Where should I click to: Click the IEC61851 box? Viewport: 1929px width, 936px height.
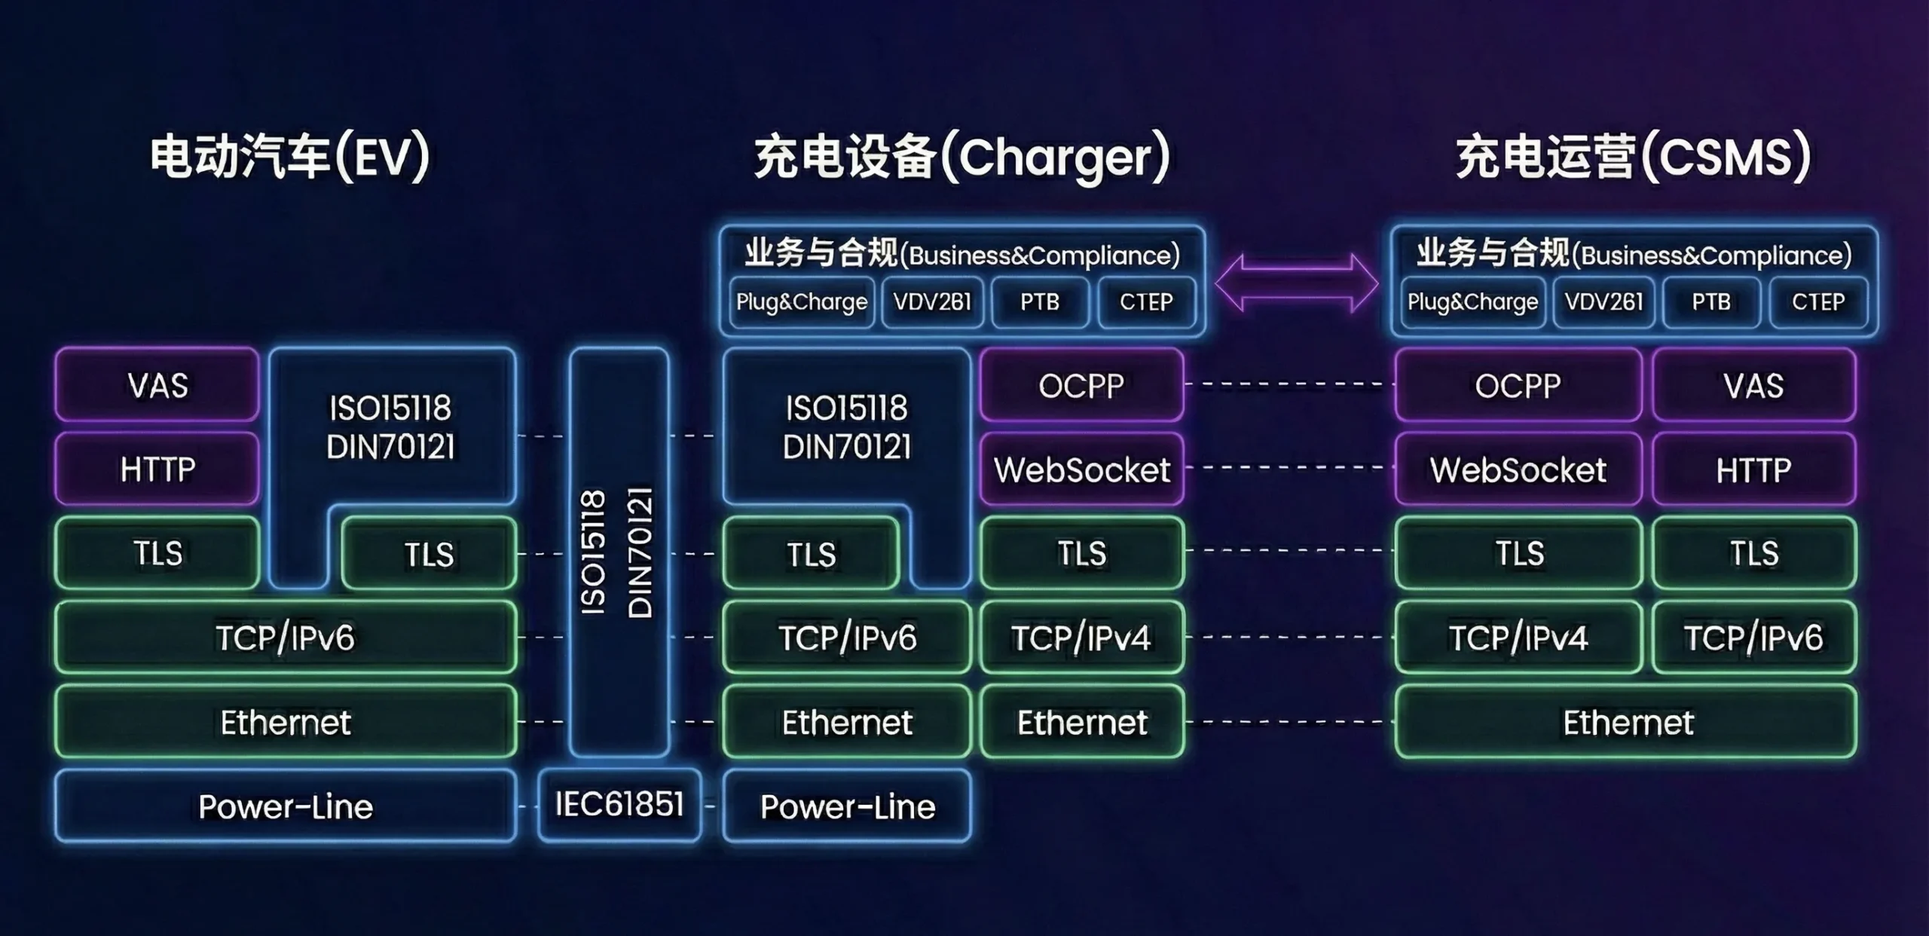619,804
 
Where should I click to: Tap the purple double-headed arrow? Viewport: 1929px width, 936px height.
1297,283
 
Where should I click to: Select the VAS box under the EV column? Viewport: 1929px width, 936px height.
157,385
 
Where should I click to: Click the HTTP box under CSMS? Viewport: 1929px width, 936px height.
1753,469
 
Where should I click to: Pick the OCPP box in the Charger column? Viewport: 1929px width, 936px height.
1081,385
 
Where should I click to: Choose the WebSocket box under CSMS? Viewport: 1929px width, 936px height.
1518,469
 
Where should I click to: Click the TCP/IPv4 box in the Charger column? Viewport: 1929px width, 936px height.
1081,637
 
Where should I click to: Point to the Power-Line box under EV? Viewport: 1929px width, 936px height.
286,806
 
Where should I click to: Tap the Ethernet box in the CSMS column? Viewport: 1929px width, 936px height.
1627,721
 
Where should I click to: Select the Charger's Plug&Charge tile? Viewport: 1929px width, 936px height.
802,302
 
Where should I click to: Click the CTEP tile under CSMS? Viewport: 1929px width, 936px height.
1817,302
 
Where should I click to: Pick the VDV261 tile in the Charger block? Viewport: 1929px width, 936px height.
932,302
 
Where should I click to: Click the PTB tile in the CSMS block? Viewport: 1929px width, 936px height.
1710,302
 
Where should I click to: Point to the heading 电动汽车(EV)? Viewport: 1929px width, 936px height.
289,157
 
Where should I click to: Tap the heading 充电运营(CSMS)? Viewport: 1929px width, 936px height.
1632,157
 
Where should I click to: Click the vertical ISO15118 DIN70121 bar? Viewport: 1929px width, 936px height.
619,552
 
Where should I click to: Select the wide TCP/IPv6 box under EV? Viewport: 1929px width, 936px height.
286,637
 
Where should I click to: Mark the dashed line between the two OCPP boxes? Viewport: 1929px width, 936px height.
1289,384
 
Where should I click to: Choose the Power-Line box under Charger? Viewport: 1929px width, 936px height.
847,806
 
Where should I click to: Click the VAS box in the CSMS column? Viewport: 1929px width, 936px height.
1753,385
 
